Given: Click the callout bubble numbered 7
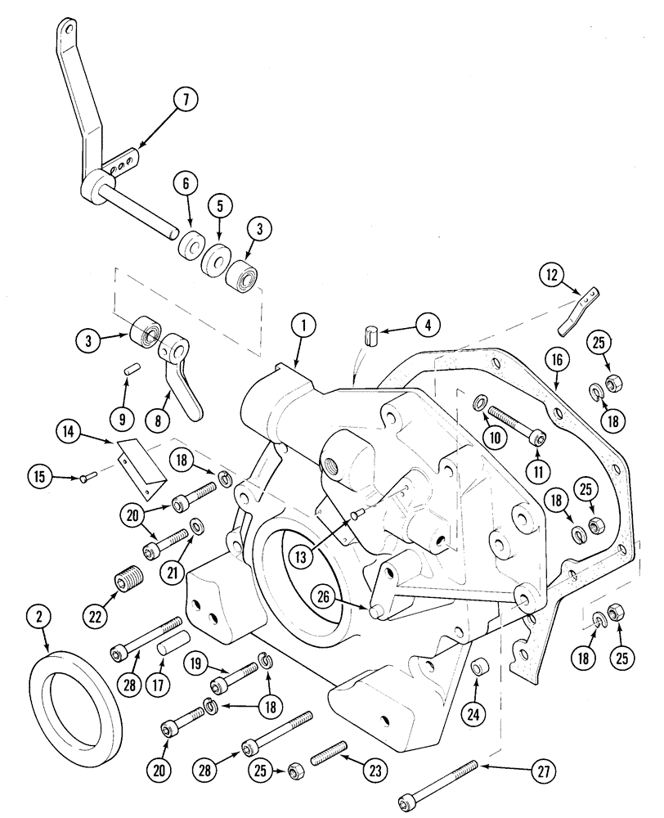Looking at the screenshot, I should (185, 101).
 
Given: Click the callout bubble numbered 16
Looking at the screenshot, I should (556, 360).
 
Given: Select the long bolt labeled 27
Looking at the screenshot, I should (438, 783).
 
